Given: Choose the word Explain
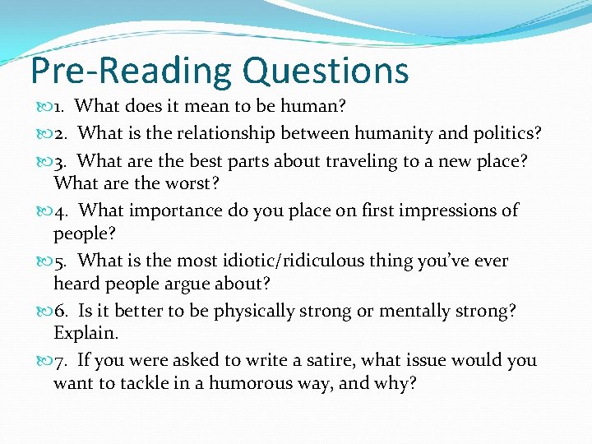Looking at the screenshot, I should click(86, 333).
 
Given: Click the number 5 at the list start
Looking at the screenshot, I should click(59, 261).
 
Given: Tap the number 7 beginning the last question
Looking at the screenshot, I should click(59, 360).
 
